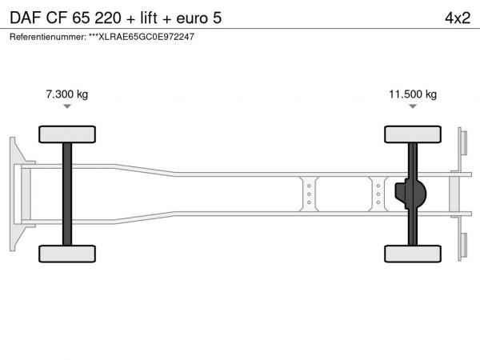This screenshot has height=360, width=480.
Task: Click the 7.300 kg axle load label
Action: point(67,94)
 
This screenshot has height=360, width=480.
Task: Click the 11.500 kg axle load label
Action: point(413,94)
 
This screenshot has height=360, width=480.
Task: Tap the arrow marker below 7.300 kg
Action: point(67,106)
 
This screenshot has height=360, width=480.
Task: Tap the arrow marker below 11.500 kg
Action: point(413,106)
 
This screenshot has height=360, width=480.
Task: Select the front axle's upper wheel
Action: point(67,134)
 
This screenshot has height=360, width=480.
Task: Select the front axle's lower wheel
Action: point(67,254)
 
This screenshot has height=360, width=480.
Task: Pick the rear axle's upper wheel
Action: point(413,134)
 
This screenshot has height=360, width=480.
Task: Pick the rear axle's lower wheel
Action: point(413,254)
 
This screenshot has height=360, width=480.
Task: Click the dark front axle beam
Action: point(67,194)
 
